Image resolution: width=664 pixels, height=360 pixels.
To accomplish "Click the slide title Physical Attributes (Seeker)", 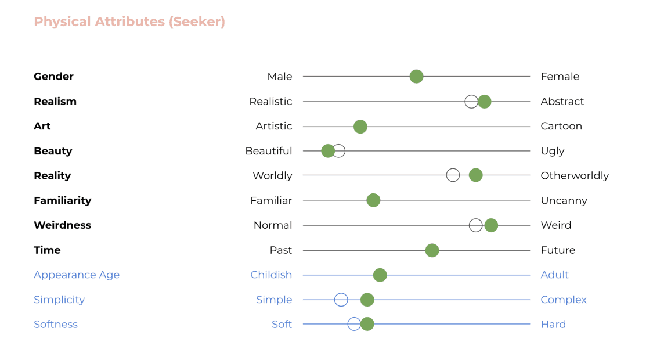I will pyautogui.click(x=129, y=22).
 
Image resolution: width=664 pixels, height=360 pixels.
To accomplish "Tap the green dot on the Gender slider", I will pyautogui.click(x=416, y=77).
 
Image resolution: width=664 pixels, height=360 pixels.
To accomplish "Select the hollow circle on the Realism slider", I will pyautogui.click(x=471, y=102).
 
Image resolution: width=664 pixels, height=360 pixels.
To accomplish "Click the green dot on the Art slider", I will pyautogui.click(x=360, y=127).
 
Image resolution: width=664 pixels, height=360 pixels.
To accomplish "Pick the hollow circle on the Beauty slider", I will pyautogui.click(x=338, y=151).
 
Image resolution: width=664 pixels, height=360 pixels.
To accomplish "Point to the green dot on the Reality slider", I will pyautogui.click(x=475, y=175).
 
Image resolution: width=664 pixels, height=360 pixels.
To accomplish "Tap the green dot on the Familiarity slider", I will pyautogui.click(x=373, y=200).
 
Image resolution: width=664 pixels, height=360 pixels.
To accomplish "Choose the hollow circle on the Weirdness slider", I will pyautogui.click(x=476, y=225).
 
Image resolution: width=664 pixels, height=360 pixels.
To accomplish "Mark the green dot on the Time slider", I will pyautogui.click(x=432, y=250).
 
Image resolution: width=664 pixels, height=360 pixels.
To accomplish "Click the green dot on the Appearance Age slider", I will pyautogui.click(x=380, y=275).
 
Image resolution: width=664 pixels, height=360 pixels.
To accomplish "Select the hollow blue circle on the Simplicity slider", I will pyautogui.click(x=341, y=300).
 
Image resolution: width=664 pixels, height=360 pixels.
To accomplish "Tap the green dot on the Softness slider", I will pyautogui.click(x=367, y=324).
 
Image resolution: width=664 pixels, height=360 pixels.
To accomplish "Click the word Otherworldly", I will pyautogui.click(x=575, y=176).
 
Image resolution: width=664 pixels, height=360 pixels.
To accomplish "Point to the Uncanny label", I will pyautogui.click(x=564, y=201).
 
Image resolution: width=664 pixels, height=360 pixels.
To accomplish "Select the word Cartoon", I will pyautogui.click(x=561, y=127).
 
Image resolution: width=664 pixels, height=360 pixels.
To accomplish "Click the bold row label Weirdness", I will pyautogui.click(x=62, y=225).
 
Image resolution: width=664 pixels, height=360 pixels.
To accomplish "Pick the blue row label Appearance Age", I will pyautogui.click(x=77, y=275).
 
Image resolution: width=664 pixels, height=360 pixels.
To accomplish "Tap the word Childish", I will pyautogui.click(x=271, y=275).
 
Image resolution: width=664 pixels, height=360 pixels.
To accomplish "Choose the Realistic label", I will pyautogui.click(x=270, y=102).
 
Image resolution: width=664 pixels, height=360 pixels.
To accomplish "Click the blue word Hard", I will pyautogui.click(x=553, y=325).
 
